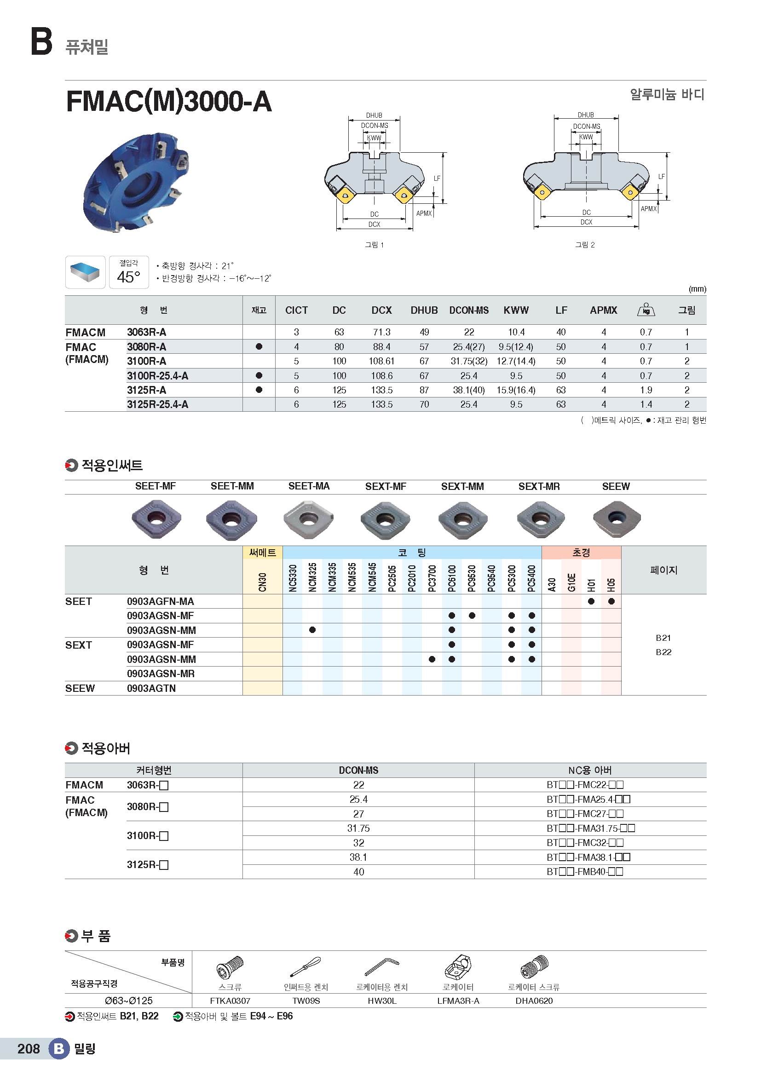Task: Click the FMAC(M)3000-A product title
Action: [x=169, y=101]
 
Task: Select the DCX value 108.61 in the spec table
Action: [x=381, y=361]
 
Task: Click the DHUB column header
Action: [x=424, y=310]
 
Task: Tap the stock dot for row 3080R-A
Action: [x=259, y=347]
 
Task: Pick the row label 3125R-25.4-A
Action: [x=157, y=404]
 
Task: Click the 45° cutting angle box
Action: [x=129, y=272]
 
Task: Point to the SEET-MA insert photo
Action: [x=308, y=519]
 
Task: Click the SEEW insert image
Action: [x=616, y=519]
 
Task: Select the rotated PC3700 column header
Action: [x=432, y=578]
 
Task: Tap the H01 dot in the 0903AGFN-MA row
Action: [x=591, y=601]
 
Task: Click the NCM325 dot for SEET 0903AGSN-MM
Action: [x=312, y=630]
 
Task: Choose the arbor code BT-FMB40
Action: [x=585, y=872]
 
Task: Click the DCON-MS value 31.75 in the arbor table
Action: [x=358, y=828]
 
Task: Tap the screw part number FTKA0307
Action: [x=230, y=1001]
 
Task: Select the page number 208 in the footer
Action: [x=29, y=1049]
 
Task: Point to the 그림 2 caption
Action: [x=585, y=245]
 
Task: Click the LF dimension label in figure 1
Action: [x=437, y=178]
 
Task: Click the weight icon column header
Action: [x=646, y=310]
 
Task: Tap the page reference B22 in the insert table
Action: [x=663, y=652]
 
